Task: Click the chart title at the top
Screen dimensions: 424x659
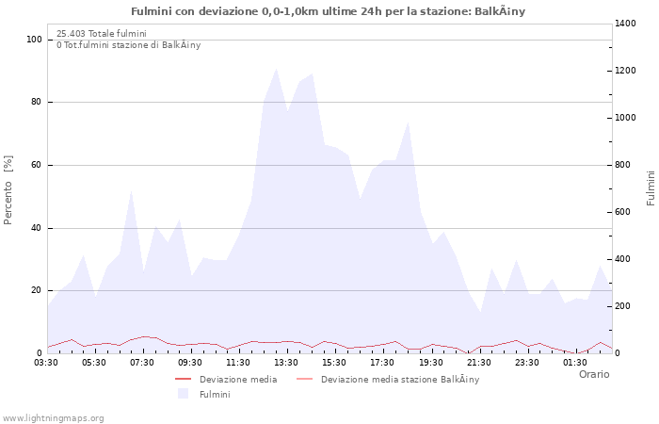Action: (x=329, y=11)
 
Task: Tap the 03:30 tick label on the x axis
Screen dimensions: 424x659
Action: (x=47, y=362)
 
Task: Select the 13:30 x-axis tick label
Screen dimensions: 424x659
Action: (x=287, y=362)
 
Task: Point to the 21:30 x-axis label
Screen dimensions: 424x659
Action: (x=479, y=362)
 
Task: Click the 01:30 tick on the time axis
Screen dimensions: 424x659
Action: (x=575, y=362)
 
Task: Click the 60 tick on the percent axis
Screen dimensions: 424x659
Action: (x=36, y=165)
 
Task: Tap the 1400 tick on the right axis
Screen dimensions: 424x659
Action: (x=626, y=23)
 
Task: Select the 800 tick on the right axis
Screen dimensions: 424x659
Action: (x=623, y=165)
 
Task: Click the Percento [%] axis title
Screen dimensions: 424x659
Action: (x=9, y=190)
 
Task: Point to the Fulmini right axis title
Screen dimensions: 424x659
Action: (x=651, y=188)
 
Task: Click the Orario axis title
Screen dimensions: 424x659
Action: (x=593, y=374)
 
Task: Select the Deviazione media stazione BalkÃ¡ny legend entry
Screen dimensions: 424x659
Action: (x=399, y=380)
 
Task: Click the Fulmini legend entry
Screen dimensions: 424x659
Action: (x=214, y=394)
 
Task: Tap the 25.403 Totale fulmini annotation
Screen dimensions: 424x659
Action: (x=102, y=33)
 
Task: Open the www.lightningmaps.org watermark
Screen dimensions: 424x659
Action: (x=53, y=417)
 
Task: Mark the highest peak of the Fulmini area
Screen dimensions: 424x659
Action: (x=276, y=69)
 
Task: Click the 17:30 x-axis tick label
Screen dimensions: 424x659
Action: (x=383, y=362)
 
